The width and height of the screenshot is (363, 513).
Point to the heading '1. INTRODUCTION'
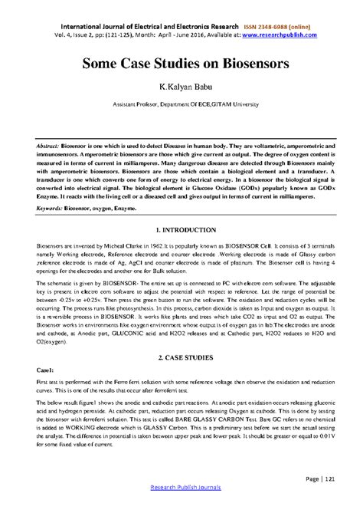(x=181, y=229)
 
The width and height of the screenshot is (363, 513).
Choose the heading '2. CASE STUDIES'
(x=181, y=358)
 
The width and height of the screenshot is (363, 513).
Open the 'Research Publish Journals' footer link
(x=181, y=506)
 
